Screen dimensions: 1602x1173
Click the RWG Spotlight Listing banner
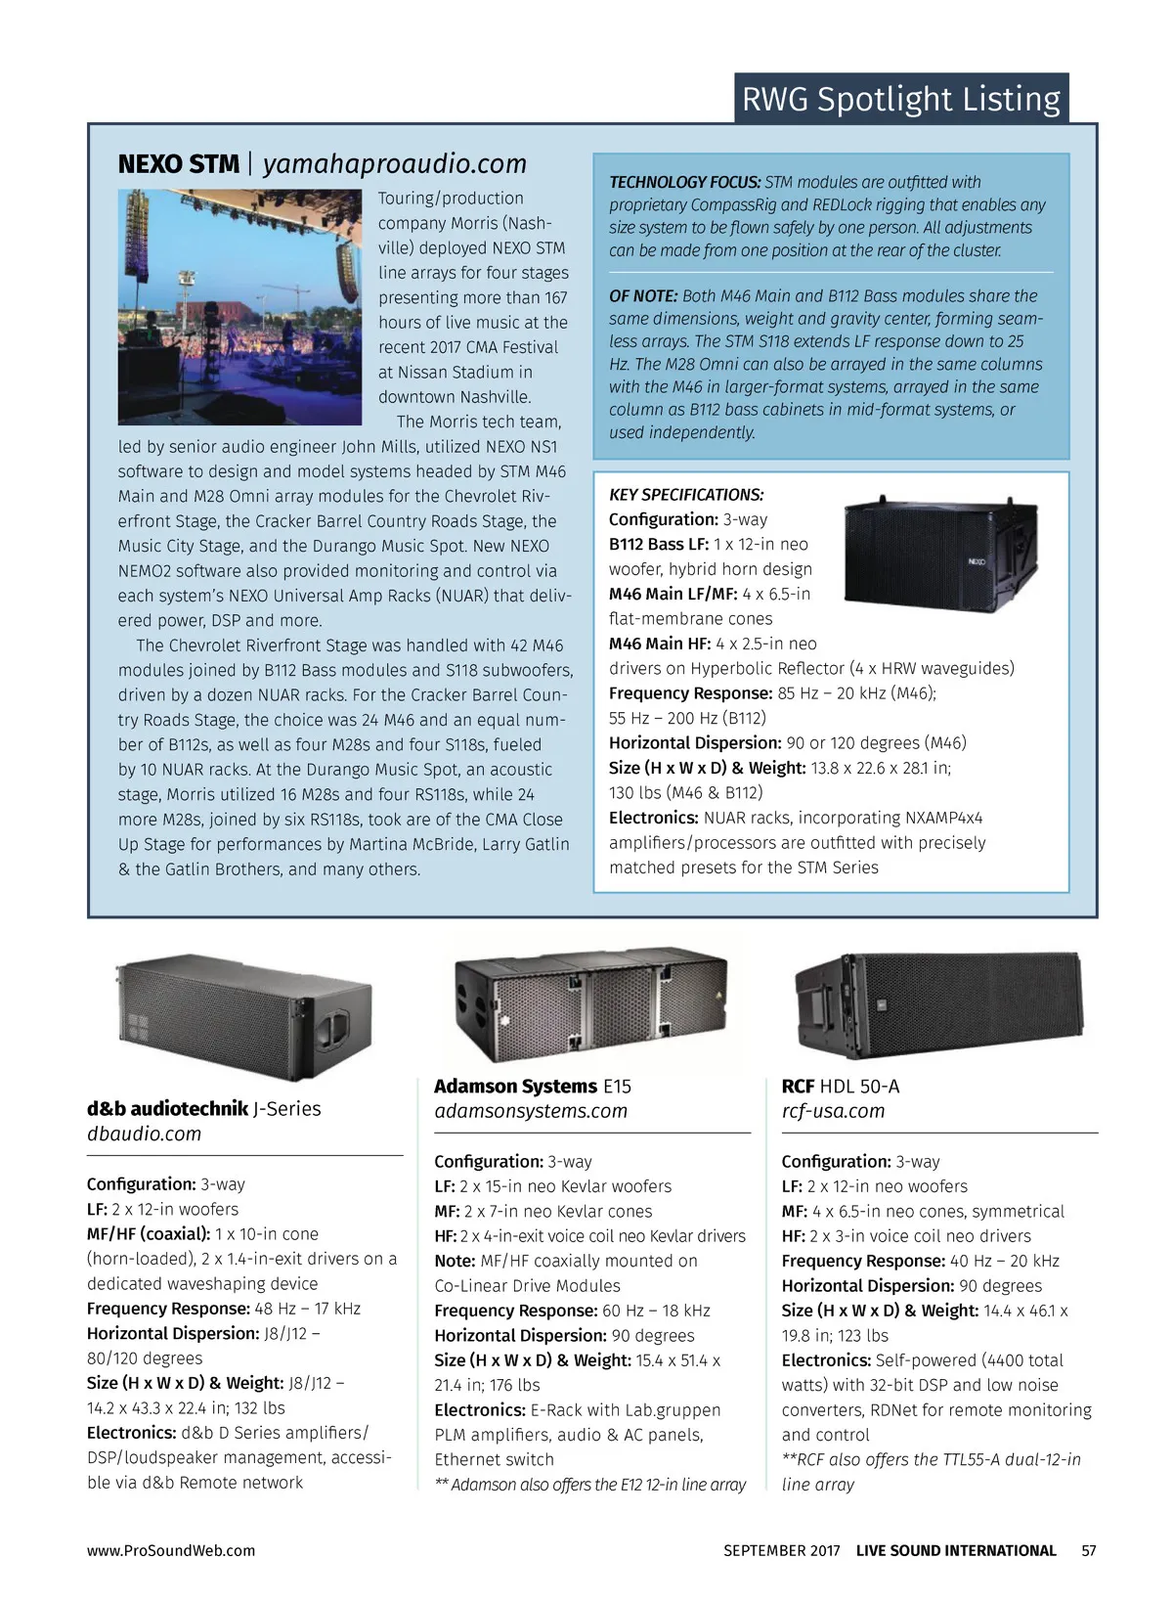900,99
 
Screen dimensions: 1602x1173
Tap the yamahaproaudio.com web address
395,163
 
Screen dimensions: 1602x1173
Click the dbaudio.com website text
144,1134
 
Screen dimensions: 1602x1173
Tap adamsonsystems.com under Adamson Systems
531,1111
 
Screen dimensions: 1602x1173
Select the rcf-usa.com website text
833,1111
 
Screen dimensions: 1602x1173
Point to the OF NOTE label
643,295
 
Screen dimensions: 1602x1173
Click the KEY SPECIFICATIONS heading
686,494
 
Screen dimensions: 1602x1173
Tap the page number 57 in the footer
1089,1550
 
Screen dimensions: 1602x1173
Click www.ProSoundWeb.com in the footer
171,1550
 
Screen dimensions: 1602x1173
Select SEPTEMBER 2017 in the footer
781,1550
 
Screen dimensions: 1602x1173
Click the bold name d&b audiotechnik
167,1108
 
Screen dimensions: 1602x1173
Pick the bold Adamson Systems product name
515,1086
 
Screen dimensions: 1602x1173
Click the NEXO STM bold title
178,163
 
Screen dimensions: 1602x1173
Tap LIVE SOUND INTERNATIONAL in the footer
956,1550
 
